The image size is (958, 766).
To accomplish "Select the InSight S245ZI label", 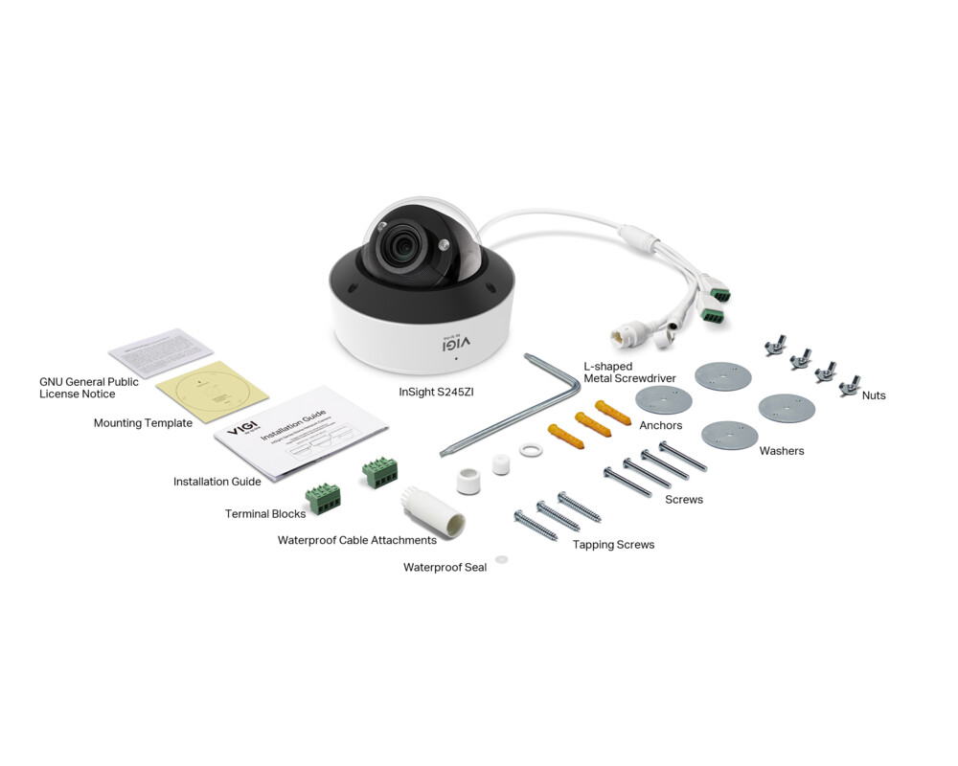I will coord(436,392).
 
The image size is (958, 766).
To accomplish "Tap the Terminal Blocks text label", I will coord(265,514).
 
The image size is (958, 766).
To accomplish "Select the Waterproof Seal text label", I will coord(445,568).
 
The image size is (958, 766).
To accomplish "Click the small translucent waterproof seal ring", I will coord(501,559).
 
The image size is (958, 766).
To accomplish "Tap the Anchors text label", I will coord(661,425).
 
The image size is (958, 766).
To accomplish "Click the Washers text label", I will coord(782,451).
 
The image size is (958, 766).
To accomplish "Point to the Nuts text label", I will coord(873,395).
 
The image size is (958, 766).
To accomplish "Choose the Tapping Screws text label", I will coord(613,545).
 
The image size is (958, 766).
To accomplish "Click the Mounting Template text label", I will coord(143,423).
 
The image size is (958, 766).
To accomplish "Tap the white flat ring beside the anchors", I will coord(528,448).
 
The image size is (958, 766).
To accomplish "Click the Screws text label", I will coord(684,500).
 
